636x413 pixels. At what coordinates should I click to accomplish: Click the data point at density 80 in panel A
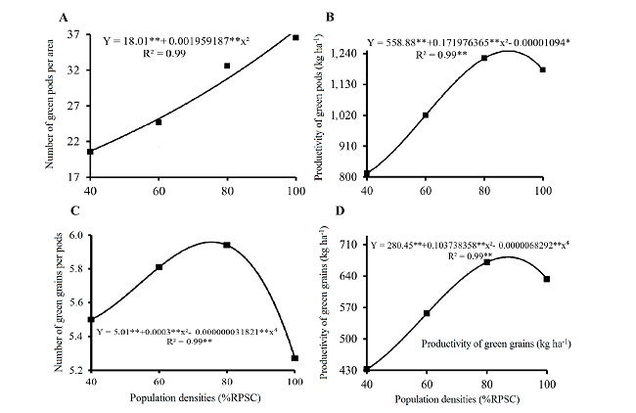[x=227, y=66]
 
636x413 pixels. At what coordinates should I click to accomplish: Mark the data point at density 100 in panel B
[x=543, y=69]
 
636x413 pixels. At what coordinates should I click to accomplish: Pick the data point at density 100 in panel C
[x=295, y=358]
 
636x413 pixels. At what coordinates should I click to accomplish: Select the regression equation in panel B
[x=472, y=43]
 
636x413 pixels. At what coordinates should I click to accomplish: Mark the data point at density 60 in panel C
[x=159, y=267]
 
